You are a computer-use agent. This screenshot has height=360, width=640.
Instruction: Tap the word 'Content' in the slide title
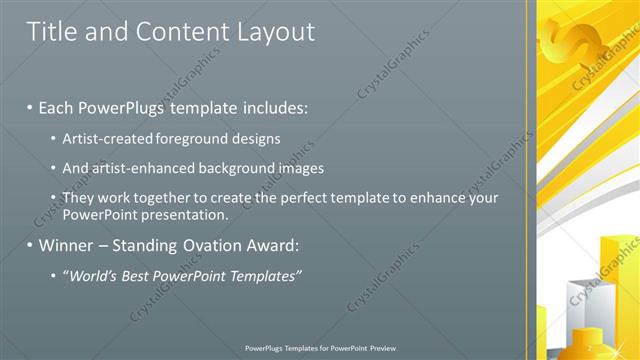(170, 32)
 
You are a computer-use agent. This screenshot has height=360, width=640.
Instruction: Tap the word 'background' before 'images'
(247, 168)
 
